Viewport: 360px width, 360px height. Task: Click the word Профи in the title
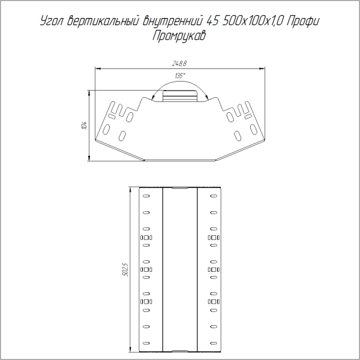[304, 23]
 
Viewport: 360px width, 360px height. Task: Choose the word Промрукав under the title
[180, 36]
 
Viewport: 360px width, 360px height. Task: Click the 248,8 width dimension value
[179, 63]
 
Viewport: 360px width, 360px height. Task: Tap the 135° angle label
[179, 76]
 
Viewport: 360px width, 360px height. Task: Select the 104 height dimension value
[85, 125]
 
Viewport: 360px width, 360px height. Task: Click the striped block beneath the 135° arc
[180, 95]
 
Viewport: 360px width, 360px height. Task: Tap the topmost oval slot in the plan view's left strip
[146, 196]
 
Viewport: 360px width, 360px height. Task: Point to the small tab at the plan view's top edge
[180, 188]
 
